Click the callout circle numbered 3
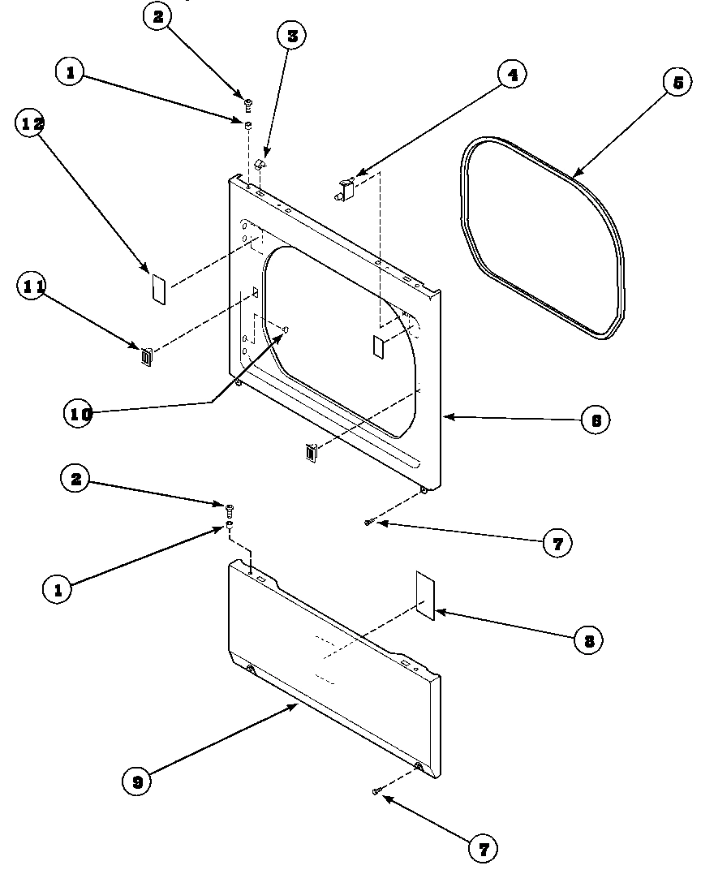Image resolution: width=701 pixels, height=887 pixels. click(291, 36)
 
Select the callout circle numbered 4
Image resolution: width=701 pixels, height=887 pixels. click(511, 75)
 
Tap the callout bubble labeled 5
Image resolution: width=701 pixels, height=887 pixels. click(677, 82)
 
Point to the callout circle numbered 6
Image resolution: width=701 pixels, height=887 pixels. click(595, 420)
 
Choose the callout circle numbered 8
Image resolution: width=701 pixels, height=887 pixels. click(588, 640)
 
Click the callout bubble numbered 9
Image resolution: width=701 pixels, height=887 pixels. click(137, 782)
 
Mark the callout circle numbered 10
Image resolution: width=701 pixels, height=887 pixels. click(79, 412)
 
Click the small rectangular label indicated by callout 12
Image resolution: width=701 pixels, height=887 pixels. click(159, 288)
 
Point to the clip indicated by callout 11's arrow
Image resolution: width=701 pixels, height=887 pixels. click(146, 357)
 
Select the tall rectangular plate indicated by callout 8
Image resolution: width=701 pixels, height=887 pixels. click(425, 595)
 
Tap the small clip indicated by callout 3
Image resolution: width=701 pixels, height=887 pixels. click(260, 165)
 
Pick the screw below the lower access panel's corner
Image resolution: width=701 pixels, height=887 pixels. click(377, 790)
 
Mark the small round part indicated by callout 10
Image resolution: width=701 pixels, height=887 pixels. click(286, 329)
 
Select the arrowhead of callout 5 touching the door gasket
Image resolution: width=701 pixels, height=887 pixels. click(573, 175)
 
